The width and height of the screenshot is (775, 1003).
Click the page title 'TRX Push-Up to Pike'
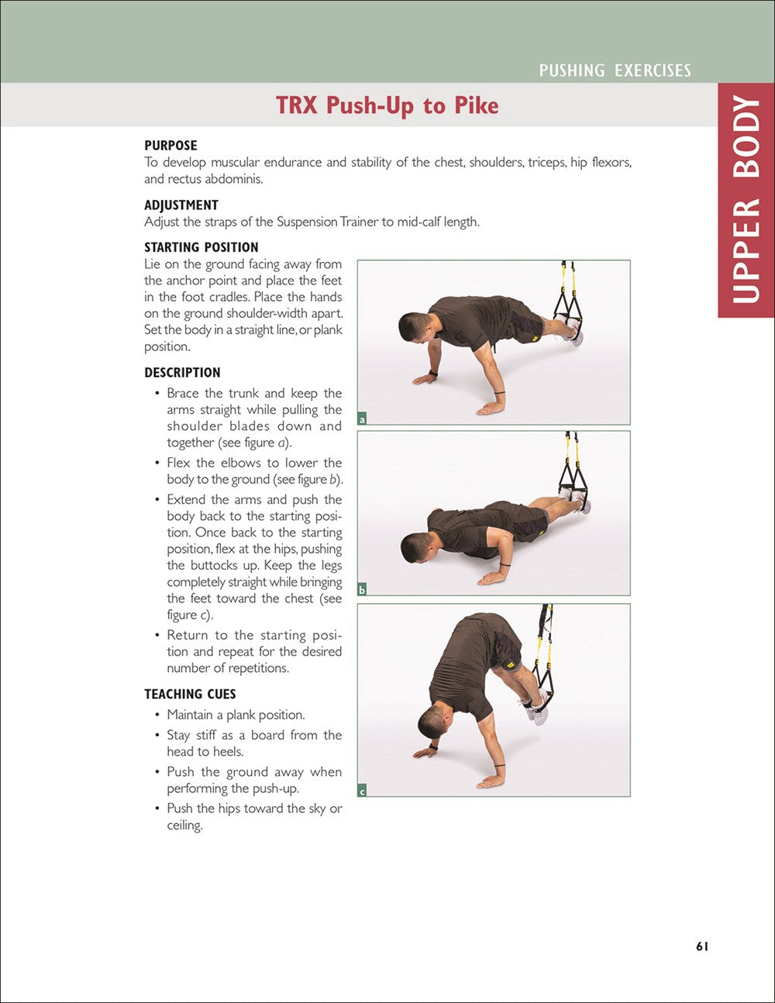pyautogui.click(x=387, y=105)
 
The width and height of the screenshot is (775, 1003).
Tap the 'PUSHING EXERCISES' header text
pyautogui.click(x=615, y=71)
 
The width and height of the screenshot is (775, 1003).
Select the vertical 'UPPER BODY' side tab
pyautogui.click(x=746, y=200)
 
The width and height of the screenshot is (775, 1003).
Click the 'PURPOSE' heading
pyautogui.click(x=170, y=145)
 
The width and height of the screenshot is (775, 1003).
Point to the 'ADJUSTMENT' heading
pyautogui.click(x=181, y=205)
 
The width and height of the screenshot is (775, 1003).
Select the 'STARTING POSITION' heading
pyautogui.click(x=201, y=247)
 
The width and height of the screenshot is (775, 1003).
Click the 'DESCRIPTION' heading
pyautogui.click(x=182, y=372)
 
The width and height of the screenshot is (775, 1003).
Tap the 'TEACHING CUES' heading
pyautogui.click(x=190, y=694)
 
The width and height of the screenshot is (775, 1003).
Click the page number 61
pyautogui.click(x=702, y=946)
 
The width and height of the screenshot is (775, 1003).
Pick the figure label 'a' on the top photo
pyautogui.click(x=362, y=419)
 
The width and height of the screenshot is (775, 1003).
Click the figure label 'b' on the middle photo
pyautogui.click(x=362, y=591)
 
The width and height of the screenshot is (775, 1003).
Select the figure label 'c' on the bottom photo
pyautogui.click(x=362, y=791)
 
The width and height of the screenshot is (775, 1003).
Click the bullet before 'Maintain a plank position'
pyautogui.click(x=158, y=715)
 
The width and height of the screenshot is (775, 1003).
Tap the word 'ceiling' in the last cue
pyautogui.click(x=184, y=825)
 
